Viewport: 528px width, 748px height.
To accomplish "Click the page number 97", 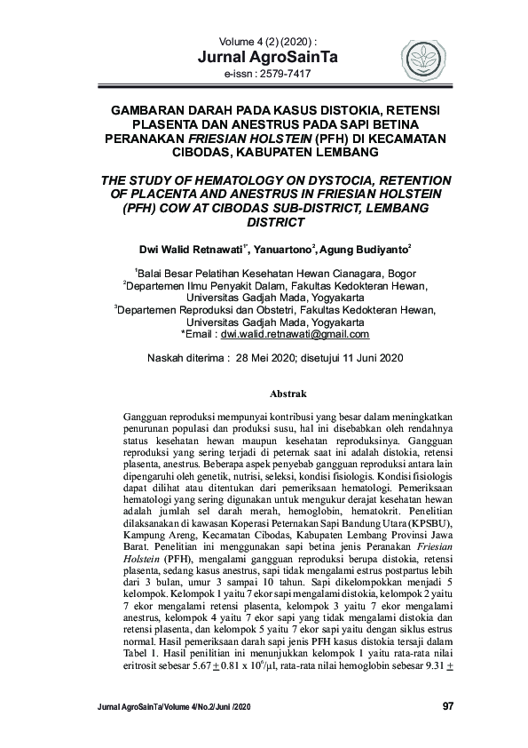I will [x=447, y=706].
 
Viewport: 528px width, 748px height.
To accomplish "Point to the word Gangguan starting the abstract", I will [x=148, y=416].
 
